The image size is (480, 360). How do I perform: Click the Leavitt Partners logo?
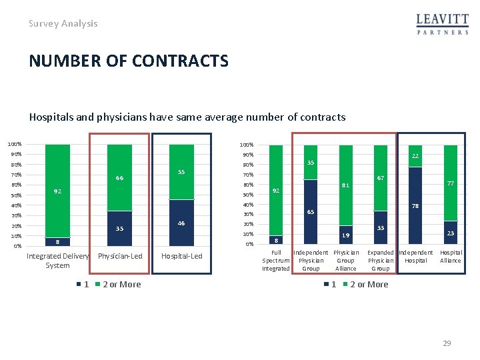(443, 24)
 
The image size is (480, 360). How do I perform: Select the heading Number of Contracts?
(129, 61)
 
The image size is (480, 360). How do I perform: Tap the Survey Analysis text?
(63, 23)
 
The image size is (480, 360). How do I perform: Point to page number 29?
(447, 343)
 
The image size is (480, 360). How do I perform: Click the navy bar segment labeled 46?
(181, 223)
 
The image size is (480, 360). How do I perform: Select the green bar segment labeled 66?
(119, 178)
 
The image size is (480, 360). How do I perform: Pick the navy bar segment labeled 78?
(415, 206)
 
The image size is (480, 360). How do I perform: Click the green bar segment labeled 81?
(345, 185)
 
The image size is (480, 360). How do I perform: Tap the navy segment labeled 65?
(311, 212)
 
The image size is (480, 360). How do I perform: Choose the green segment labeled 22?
(415, 156)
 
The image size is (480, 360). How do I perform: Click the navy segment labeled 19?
(345, 235)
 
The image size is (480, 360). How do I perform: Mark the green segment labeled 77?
(450, 183)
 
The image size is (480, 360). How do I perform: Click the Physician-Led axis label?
(120, 256)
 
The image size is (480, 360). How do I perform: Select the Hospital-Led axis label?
(182, 256)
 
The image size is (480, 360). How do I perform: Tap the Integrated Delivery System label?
(57, 261)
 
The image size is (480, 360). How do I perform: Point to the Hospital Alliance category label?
(451, 257)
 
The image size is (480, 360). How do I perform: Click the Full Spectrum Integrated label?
(276, 261)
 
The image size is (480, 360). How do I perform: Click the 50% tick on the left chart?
(16, 195)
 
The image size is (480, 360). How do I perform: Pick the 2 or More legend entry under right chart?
(365, 285)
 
